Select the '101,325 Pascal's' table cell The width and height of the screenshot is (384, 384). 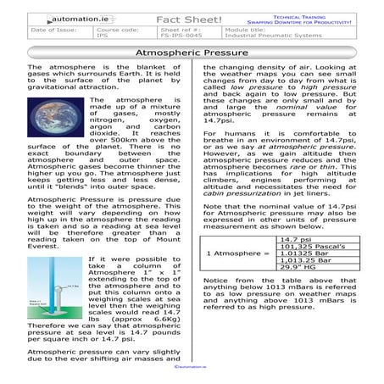pyautogui.click(x=309, y=248)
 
